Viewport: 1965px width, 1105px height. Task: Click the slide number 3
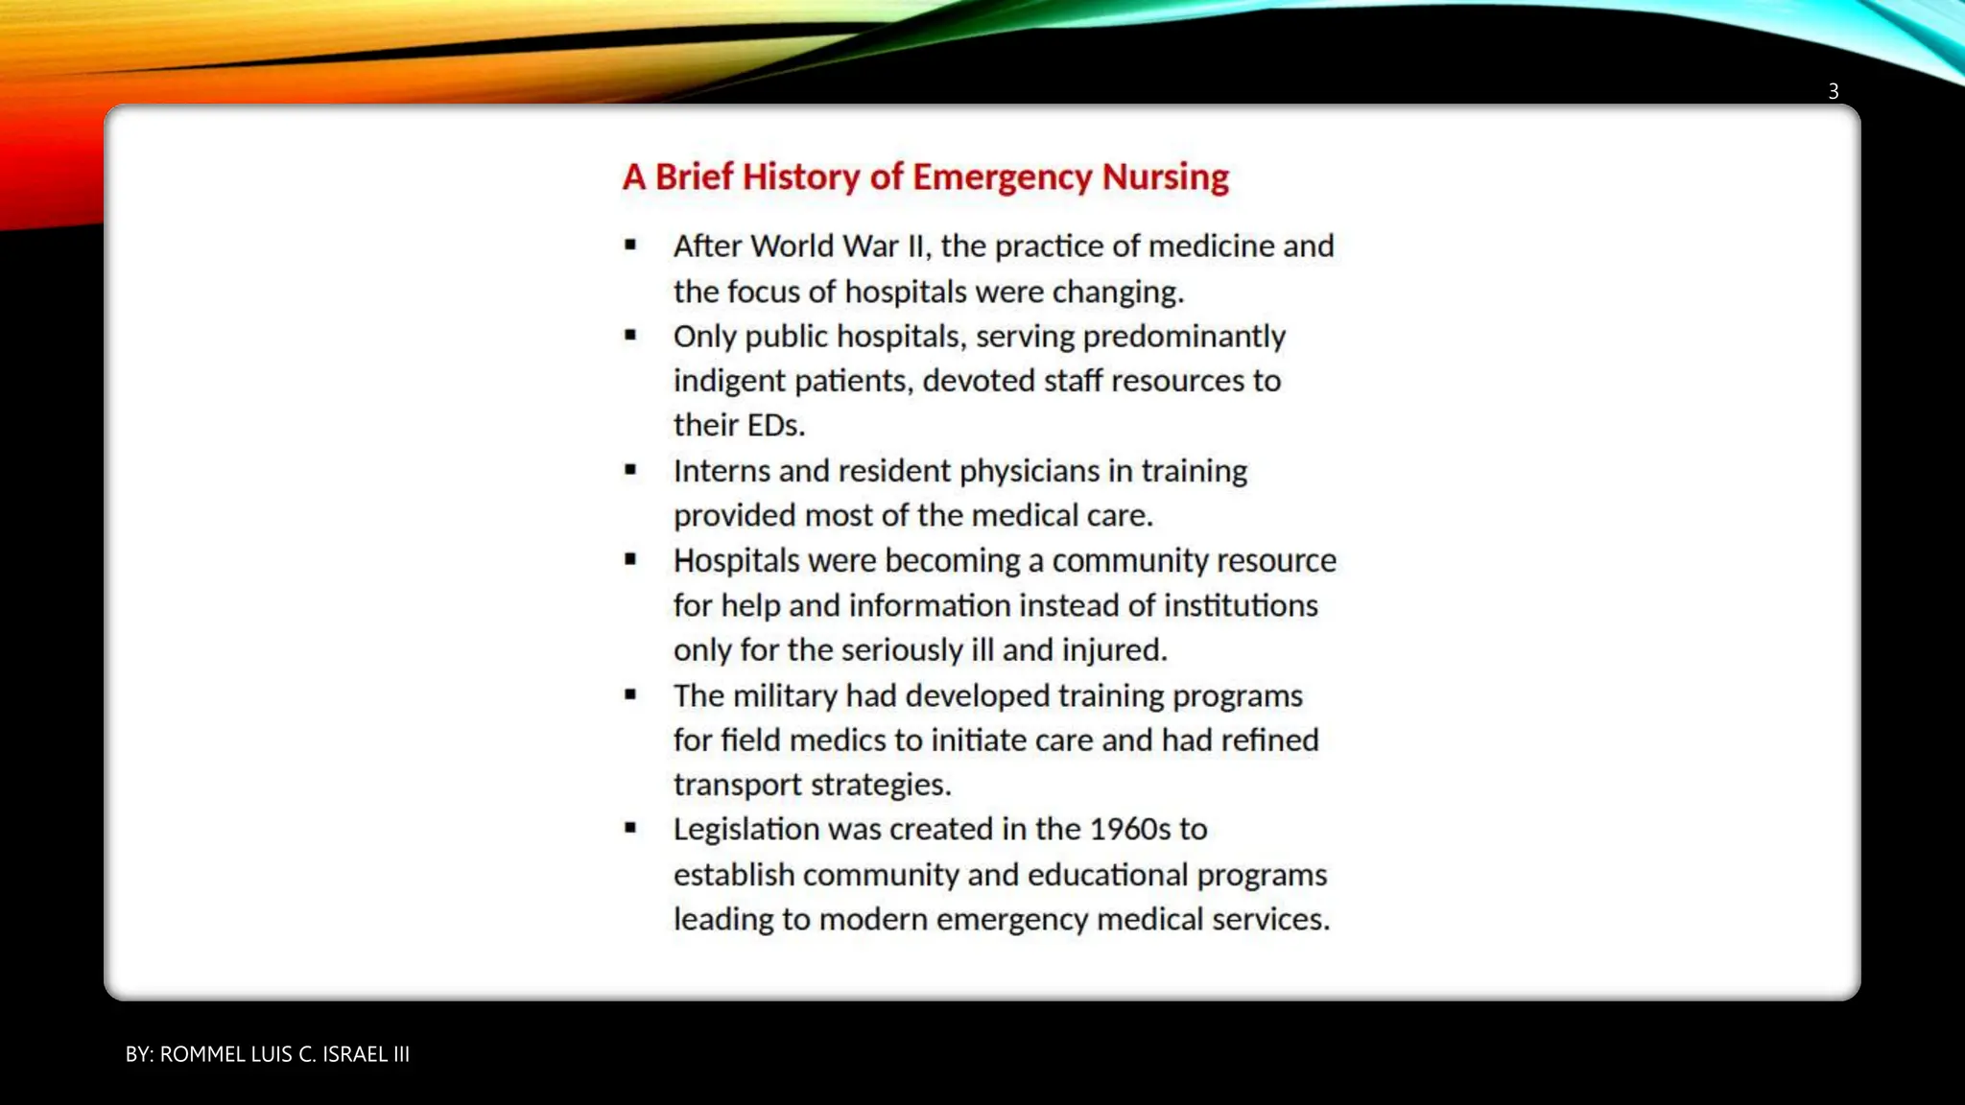point(1833,91)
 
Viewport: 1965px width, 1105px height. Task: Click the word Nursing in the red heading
point(1165,177)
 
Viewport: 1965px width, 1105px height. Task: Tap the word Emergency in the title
point(1002,177)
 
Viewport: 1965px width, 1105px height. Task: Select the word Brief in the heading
point(694,177)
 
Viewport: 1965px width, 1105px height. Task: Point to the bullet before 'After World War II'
point(630,246)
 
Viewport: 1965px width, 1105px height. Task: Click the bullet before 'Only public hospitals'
point(630,336)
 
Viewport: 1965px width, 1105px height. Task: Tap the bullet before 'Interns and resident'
point(630,470)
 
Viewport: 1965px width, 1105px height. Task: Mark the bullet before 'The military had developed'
point(630,694)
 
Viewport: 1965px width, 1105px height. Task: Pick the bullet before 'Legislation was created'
point(630,828)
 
